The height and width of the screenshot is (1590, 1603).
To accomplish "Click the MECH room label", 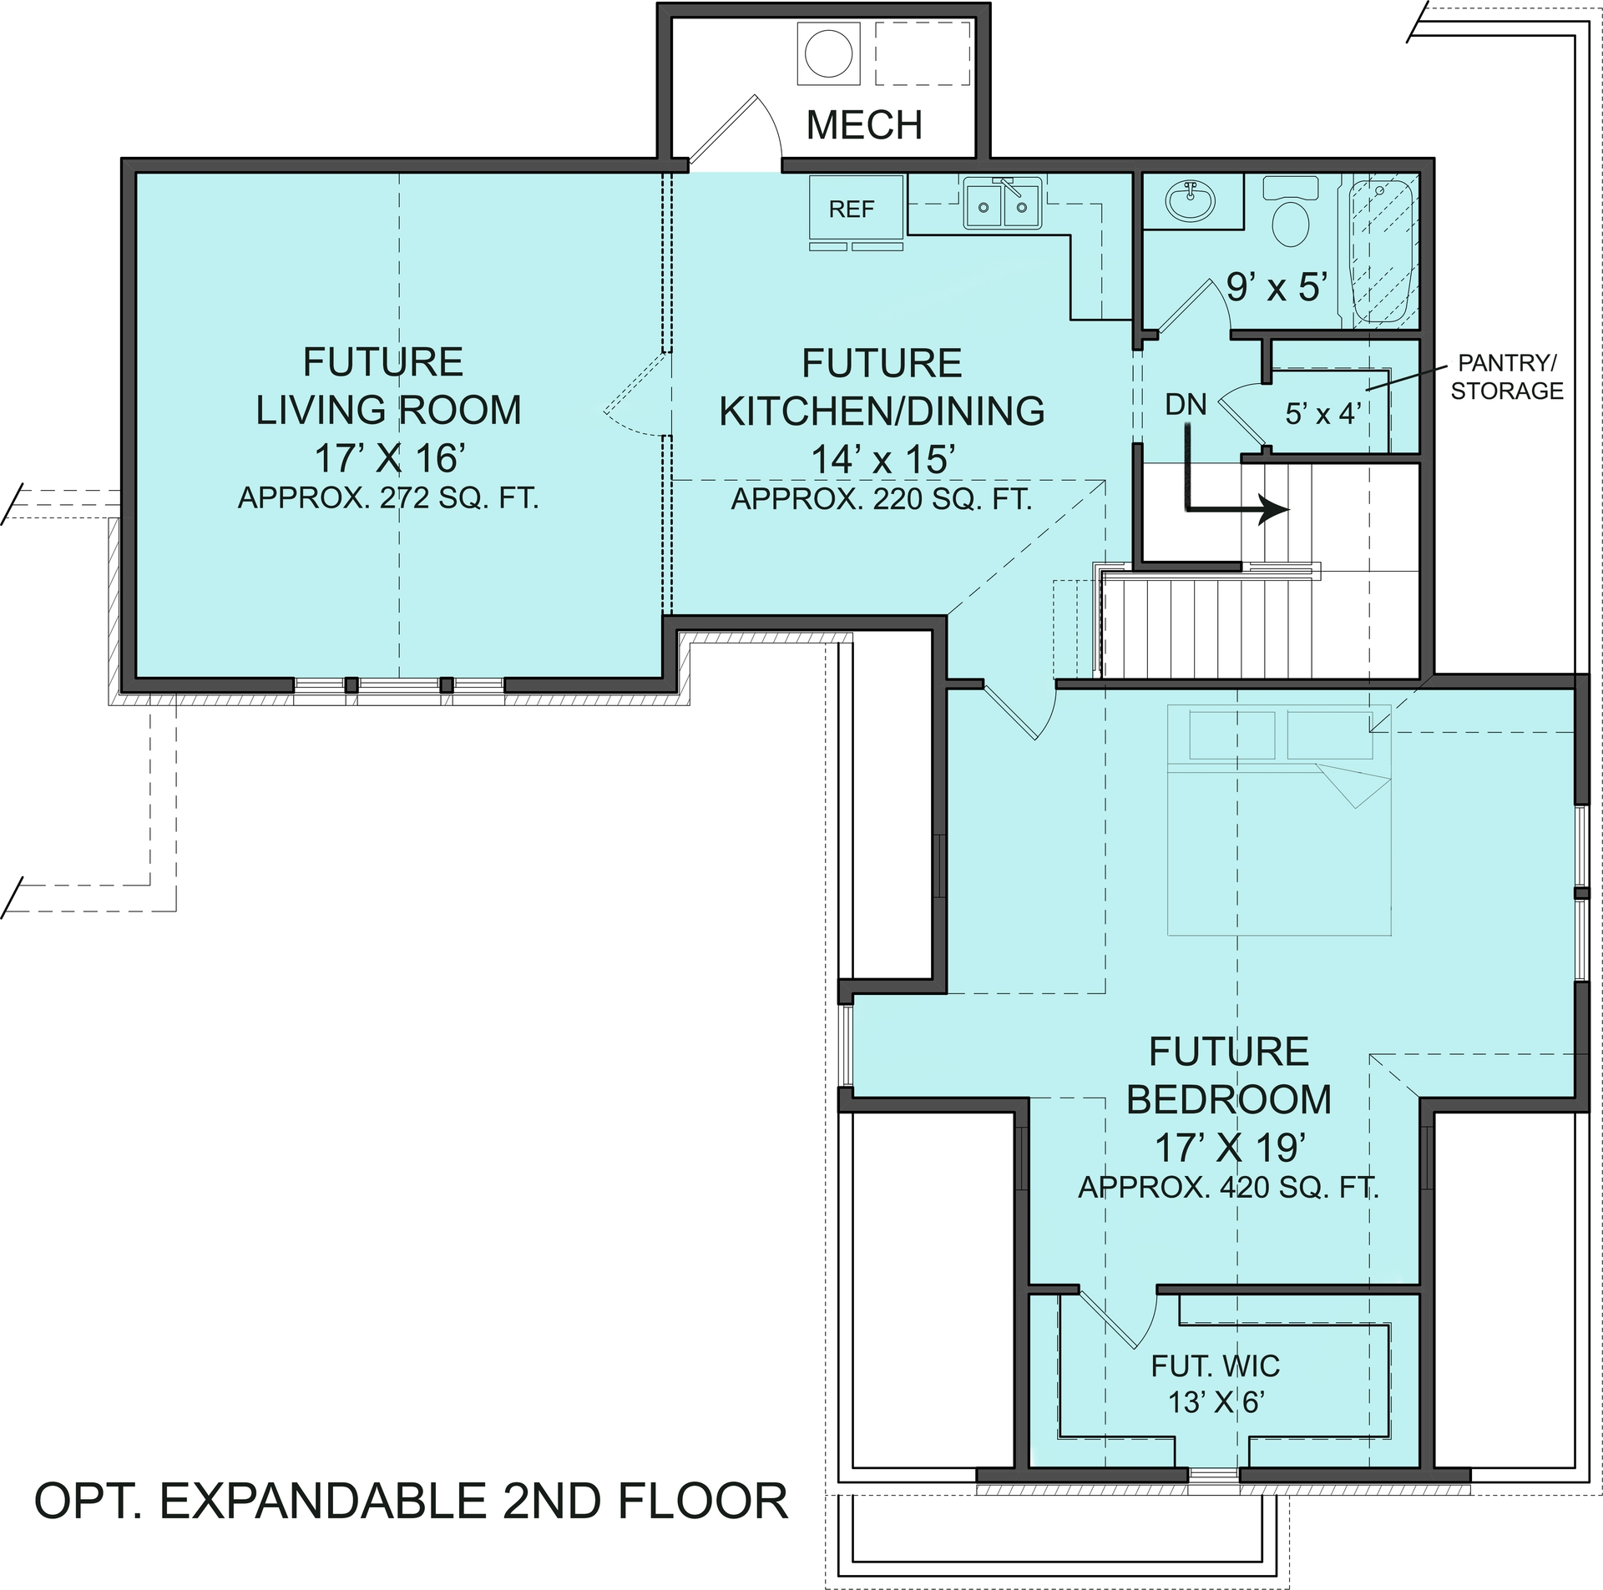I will (864, 125).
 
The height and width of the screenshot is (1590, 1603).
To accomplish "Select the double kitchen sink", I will (1002, 203).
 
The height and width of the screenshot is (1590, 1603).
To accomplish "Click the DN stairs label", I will (1186, 406).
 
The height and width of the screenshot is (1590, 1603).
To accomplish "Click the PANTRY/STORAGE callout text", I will (1506, 377).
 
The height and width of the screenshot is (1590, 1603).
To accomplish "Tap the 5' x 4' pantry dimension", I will (1323, 413).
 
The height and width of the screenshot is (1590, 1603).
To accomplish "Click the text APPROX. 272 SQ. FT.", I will (388, 498).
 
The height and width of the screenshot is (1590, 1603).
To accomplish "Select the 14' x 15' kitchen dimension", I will (882, 459).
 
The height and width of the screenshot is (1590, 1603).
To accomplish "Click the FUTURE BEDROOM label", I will (1228, 1075).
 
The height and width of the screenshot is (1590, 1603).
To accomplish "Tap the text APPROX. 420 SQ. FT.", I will (1228, 1188).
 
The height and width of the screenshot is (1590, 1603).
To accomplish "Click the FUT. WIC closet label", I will (1215, 1366).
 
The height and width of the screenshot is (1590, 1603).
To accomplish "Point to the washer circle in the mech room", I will (828, 54).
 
